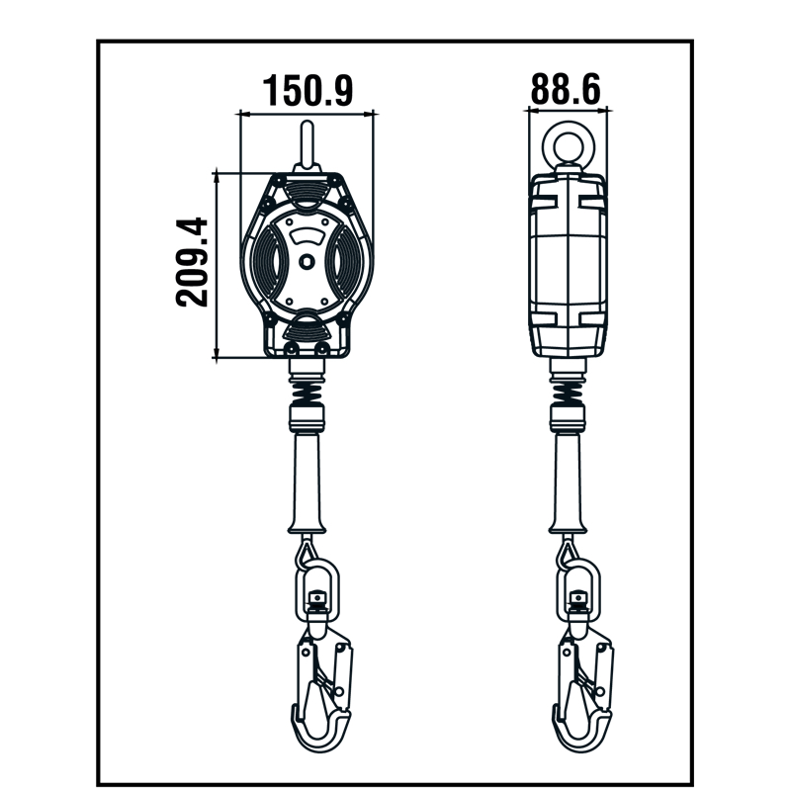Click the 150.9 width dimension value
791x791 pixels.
click(x=308, y=90)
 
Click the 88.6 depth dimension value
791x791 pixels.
click(x=566, y=89)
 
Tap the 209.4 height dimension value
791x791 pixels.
click(x=192, y=262)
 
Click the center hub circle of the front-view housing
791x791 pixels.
click(x=307, y=262)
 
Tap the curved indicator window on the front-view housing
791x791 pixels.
click(x=308, y=235)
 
